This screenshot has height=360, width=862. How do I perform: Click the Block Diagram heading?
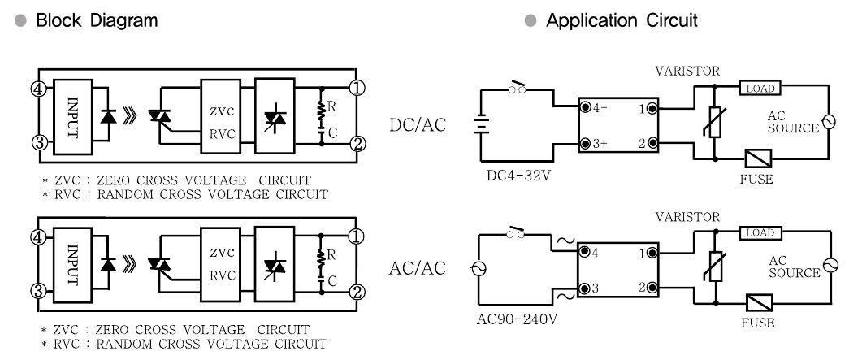97,21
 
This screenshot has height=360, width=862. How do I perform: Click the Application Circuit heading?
622,21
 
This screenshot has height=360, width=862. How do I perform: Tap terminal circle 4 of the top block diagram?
38,89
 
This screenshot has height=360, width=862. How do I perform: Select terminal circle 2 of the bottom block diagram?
357,292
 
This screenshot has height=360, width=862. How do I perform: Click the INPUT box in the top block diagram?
72,117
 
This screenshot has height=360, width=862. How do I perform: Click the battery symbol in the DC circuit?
482,125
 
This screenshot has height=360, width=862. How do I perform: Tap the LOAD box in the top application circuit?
760,88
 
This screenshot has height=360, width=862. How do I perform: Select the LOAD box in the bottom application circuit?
760,233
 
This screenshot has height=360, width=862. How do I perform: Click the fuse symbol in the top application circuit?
758,158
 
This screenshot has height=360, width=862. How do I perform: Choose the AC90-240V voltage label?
517,319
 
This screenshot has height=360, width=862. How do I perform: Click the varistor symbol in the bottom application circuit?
716,267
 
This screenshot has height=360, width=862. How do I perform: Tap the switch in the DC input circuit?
517,87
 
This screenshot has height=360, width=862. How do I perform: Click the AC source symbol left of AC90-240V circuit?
479,269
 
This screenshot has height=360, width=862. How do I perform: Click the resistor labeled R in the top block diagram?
320,113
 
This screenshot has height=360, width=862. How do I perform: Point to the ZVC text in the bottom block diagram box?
222,254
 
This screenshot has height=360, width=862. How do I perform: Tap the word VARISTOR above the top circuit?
687,72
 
